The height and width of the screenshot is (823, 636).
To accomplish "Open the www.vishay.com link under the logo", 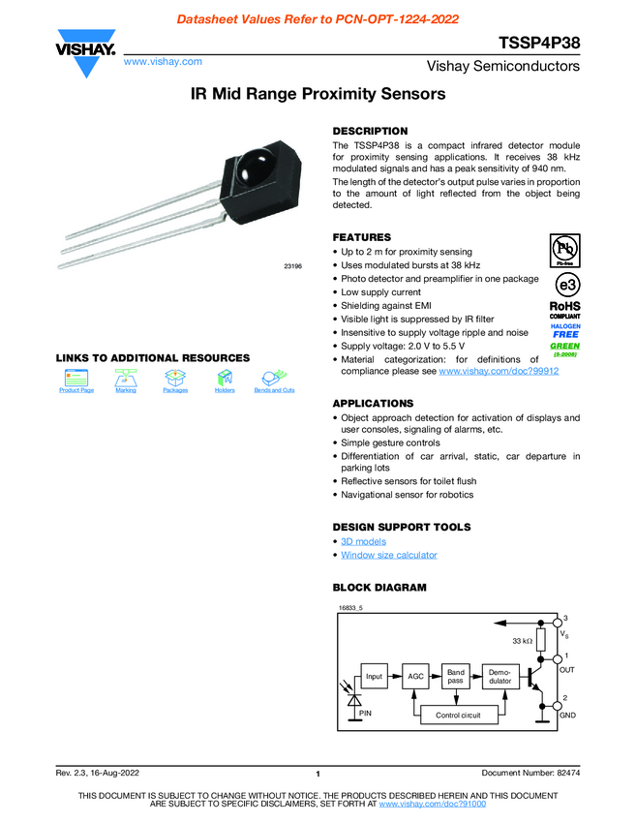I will coord(163,61).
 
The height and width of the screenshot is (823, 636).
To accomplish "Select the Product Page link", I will coord(76,390).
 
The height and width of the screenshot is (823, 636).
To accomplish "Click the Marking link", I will coord(125,390).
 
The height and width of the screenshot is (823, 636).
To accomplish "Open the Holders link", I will coord(225,390).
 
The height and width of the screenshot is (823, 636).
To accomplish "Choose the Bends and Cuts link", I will coord(274,390).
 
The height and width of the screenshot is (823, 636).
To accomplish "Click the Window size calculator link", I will coord(388,555).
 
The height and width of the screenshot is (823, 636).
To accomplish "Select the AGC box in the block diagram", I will coord(415,676).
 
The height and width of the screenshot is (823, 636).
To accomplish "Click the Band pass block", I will coord(456,676).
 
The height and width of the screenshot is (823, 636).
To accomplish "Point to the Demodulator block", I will coord(500,676).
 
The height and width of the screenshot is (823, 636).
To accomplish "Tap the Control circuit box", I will coord(458,715).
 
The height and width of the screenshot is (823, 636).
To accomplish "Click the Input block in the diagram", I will coord(374,676).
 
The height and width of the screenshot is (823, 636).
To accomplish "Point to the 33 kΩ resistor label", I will coord(523,641).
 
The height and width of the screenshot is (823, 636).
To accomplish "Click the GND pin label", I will coord(568,715).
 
